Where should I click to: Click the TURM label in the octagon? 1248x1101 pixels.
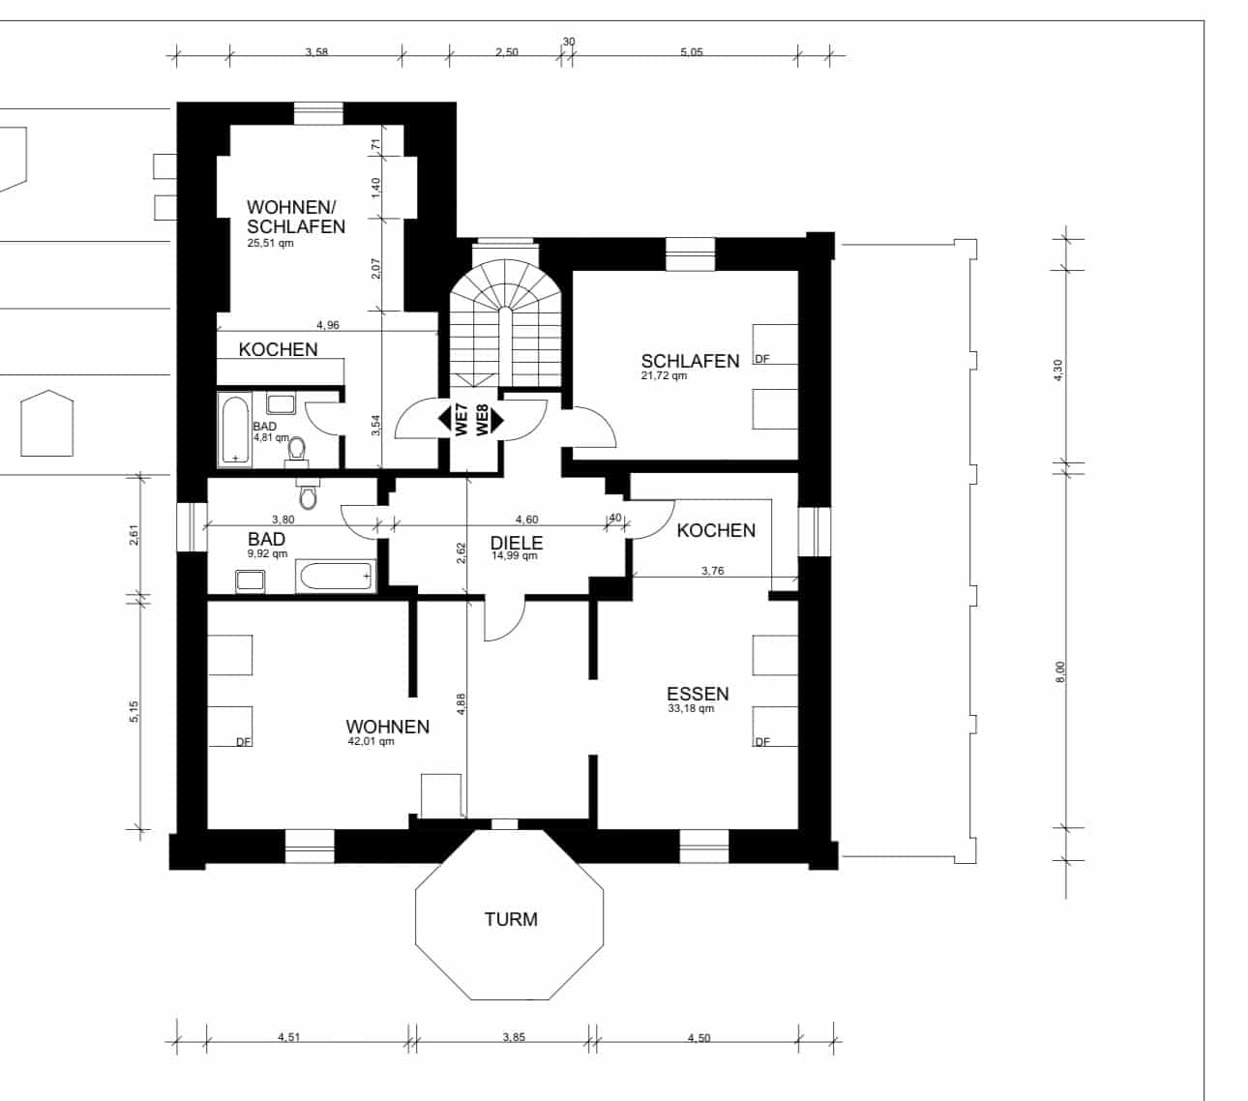pos(511,919)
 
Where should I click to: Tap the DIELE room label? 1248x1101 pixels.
pos(517,543)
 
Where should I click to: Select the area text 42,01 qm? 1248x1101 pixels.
pos(371,741)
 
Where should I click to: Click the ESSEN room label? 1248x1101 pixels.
pos(698,694)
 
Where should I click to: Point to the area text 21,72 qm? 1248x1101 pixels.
pos(664,375)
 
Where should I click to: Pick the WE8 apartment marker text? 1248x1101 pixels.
pos(483,420)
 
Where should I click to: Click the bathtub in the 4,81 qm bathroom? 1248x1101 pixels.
pos(235,430)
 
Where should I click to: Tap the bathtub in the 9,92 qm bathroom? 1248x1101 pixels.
pos(336,577)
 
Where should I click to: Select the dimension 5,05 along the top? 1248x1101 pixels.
pos(691,52)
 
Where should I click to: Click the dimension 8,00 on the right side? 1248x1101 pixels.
pos(1059,671)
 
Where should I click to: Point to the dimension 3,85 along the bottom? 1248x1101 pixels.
pos(514,1037)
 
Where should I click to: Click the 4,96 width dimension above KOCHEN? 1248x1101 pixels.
pos(328,325)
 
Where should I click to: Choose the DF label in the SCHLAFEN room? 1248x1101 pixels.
pos(762,359)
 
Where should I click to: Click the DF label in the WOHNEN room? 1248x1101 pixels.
pos(244,742)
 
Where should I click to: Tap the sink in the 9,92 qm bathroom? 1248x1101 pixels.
pos(251,581)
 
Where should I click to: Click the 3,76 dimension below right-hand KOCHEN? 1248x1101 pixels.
pos(713,571)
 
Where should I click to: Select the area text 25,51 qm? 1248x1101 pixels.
pos(271,244)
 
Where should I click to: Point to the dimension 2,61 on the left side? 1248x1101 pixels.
pos(134,534)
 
